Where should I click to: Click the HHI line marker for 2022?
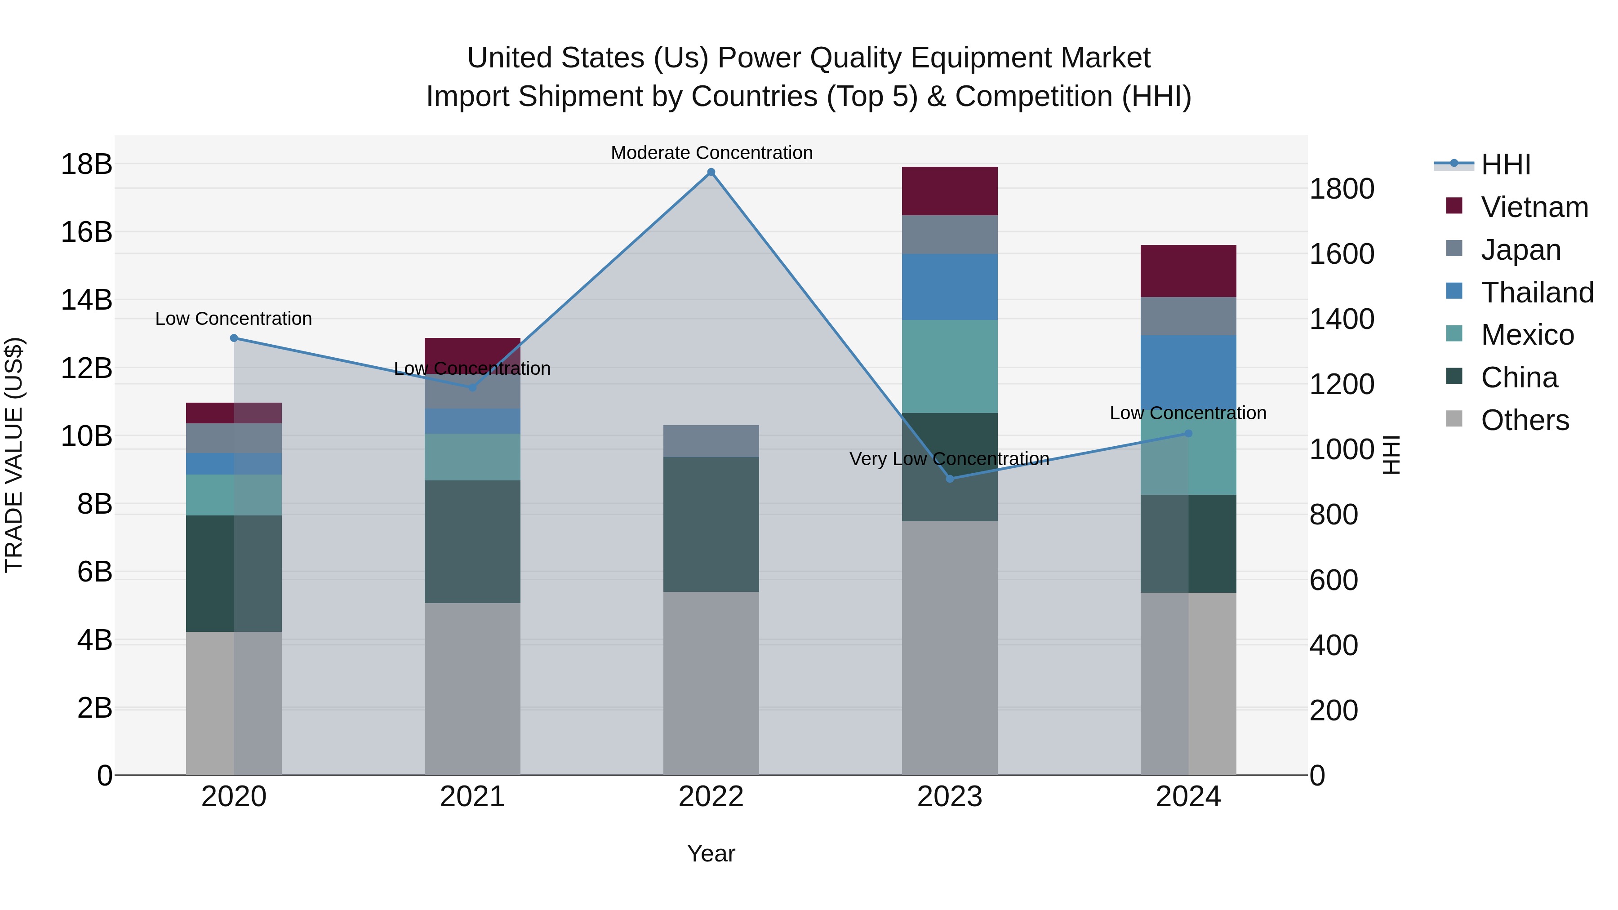click(711, 172)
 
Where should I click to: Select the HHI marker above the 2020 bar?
click(234, 338)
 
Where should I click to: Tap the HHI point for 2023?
click(950, 479)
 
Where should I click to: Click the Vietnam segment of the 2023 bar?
click(950, 191)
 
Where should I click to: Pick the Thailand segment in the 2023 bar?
click(950, 287)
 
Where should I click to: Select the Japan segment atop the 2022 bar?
click(711, 441)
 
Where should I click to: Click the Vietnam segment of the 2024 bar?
click(1188, 271)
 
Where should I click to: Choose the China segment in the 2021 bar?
click(472, 542)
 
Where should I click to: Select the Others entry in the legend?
click(1525, 420)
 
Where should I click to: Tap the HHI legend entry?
click(1505, 164)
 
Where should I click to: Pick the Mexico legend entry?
click(1527, 335)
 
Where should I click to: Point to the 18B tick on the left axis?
click(86, 164)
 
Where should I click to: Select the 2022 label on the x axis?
click(711, 797)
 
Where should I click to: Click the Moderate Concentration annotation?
click(711, 153)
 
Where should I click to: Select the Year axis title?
click(711, 853)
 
